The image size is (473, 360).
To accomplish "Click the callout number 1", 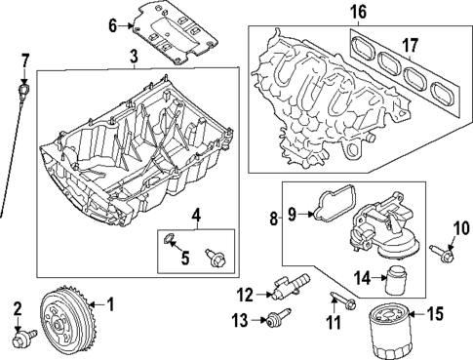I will point(109,304).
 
